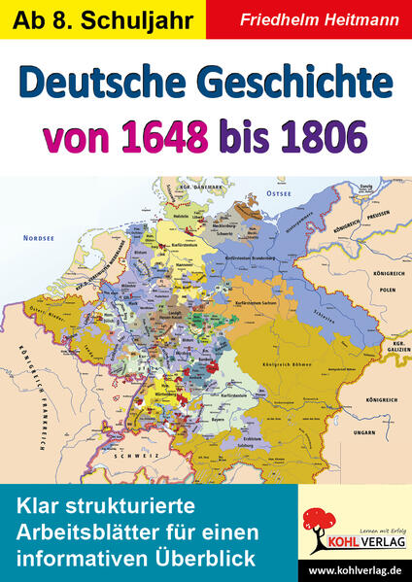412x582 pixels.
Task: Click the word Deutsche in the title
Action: tap(113, 86)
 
